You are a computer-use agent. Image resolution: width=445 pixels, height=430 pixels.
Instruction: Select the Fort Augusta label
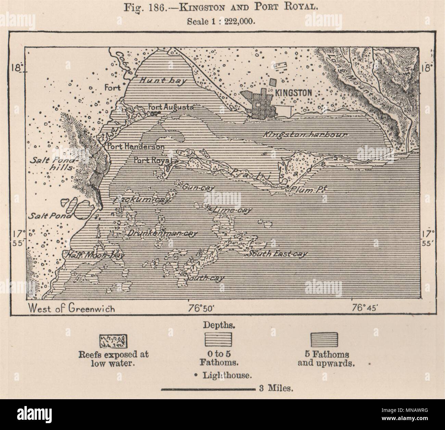tap(170, 107)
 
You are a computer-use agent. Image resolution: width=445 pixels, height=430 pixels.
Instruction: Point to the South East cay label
tap(277, 254)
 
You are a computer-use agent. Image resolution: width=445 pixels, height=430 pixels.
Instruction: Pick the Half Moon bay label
tap(93, 255)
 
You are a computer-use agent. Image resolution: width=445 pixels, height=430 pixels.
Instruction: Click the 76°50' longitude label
tap(201, 308)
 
